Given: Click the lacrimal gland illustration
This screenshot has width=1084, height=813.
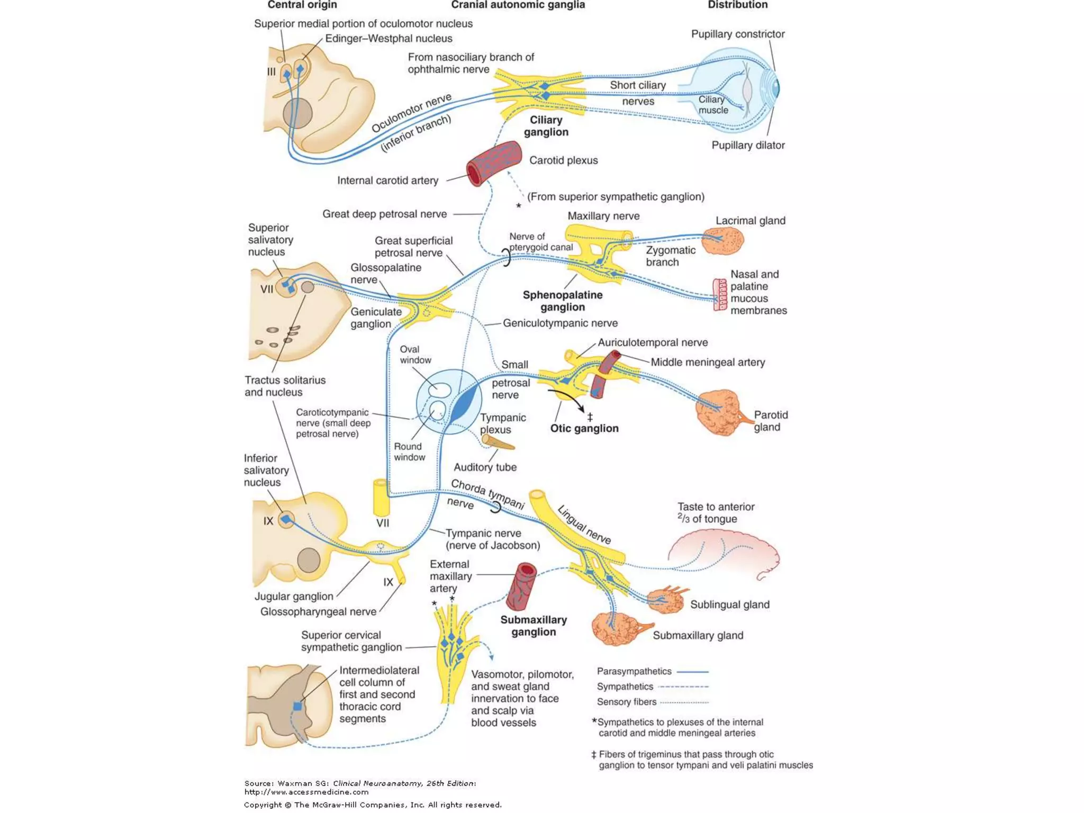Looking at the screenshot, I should pyautogui.click(x=722, y=241).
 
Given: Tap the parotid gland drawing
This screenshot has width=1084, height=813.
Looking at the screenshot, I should pyautogui.click(x=719, y=413).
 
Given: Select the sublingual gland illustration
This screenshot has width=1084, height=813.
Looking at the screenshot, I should pyautogui.click(x=666, y=601).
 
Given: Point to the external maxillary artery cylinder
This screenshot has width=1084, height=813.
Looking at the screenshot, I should pyautogui.click(x=521, y=586).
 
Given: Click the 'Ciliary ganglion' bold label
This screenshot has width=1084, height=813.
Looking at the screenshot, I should pyautogui.click(x=546, y=126).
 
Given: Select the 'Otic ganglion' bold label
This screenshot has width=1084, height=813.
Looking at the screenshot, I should pyautogui.click(x=584, y=428).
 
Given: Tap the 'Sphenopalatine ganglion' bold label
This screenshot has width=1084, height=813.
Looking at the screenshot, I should pyautogui.click(x=562, y=301).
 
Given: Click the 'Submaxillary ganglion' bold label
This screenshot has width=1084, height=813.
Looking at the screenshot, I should pyautogui.click(x=533, y=626).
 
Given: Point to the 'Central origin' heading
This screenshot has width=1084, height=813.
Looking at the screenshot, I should pyautogui.click(x=302, y=5).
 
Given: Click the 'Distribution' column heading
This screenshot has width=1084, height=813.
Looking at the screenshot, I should pyautogui.click(x=737, y=5).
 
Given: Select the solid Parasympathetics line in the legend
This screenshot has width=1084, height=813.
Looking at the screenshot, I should pyautogui.click(x=692, y=671).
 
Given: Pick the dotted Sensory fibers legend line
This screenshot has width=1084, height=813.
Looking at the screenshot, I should pyautogui.click(x=685, y=702).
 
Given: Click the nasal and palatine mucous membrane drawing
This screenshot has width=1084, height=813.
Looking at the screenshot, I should pyautogui.click(x=720, y=294).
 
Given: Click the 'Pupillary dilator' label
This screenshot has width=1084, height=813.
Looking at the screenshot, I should pyautogui.click(x=747, y=145).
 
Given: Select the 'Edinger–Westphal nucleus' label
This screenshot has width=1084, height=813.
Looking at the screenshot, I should pyautogui.click(x=389, y=39).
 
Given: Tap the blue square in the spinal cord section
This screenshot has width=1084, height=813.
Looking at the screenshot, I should pyautogui.click(x=297, y=706).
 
